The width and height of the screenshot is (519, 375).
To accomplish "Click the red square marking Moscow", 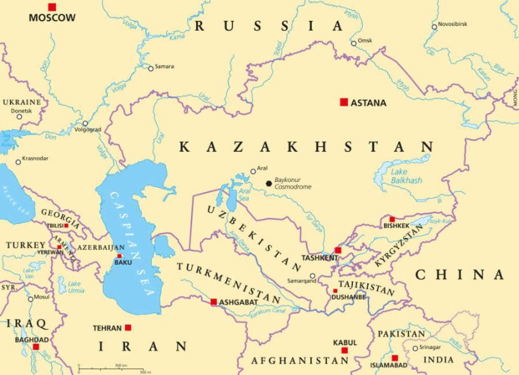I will pyautogui.click(x=52, y=7).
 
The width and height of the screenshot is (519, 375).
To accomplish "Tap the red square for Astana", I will pyautogui.click(x=344, y=102).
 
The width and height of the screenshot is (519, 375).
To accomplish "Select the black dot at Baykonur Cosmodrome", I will pyautogui.click(x=268, y=183).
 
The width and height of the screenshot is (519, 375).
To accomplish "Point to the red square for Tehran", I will pyautogui.click(x=128, y=327).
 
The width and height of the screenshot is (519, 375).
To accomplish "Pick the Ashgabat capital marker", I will pyautogui.click(x=214, y=302).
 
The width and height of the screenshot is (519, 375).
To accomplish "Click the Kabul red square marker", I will pyautogui.click(x=344, y=350).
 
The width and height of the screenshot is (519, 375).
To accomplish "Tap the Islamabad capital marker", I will pyautogui.click(x=395, y=357).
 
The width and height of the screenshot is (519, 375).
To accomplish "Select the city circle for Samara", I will pyautogui.click(x=150, y=68).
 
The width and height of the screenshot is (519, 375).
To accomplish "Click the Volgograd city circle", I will pyautogui.click(x=85, y=123).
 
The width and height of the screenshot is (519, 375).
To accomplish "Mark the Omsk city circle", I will pyautogui.click(x=354, y=43).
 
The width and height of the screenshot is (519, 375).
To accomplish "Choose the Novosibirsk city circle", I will pyautogui.click(x=434, y=27).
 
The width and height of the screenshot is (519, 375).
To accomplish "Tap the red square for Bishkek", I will pyautogui.click(x=392, y=219).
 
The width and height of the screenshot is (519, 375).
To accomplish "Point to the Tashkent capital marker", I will pyautogui.click(x=338, y=250).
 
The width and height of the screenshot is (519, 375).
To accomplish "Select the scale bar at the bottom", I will pyautogui.click(x=113, y=370).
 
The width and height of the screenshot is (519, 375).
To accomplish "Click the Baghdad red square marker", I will pyautogui.click(x=36, y=347).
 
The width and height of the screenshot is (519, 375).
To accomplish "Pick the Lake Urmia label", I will pyautogui.click(x=74, y=286).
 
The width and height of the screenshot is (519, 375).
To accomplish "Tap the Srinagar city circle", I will pyautogui.click(x=415, y=348).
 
